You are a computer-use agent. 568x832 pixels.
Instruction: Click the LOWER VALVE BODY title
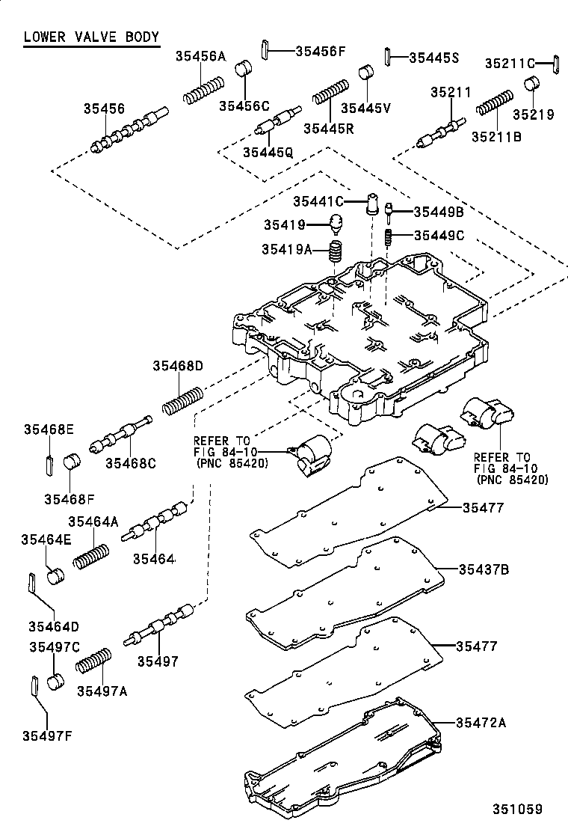click(90, 37)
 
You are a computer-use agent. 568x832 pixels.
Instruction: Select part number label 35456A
click(200, 55)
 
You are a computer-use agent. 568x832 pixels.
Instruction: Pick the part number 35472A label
click(481, 722)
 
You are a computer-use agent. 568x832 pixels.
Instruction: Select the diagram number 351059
click(516, 809)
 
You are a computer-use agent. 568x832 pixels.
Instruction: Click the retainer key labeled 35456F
click(266, 51)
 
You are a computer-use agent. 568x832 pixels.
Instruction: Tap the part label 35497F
click(47, 735)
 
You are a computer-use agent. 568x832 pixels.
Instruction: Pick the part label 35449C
click(439, 235)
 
